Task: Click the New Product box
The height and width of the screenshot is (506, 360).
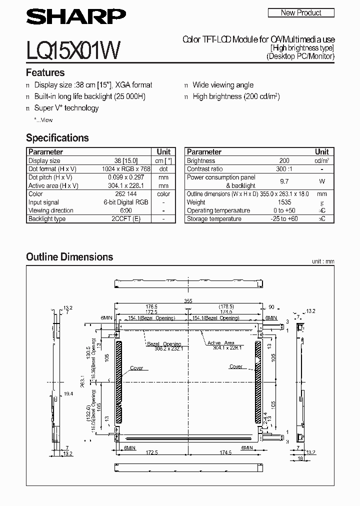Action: click(x=301, y=13)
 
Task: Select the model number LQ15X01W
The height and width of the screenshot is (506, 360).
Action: click(x=72, y=50)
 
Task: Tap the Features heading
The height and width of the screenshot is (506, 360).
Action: click(x=45, y=72)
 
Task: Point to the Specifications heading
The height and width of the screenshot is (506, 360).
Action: click(x=57, y=138)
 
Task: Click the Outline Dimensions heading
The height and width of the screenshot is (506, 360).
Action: click(x=69, y=257)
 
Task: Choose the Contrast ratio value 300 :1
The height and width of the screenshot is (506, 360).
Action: click(x=283, y=169)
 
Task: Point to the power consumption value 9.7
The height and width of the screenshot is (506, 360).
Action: click(x=283, y=181)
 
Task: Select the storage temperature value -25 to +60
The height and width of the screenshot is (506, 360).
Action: click(x=283, y=219)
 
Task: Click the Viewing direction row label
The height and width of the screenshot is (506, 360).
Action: click(x=50, y=210)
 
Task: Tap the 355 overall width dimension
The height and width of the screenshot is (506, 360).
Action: click(x=187, y=301)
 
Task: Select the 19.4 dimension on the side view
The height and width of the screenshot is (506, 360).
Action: click(x=68, y=394)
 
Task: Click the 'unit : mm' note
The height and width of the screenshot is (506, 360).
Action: click(x=322, y=261)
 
